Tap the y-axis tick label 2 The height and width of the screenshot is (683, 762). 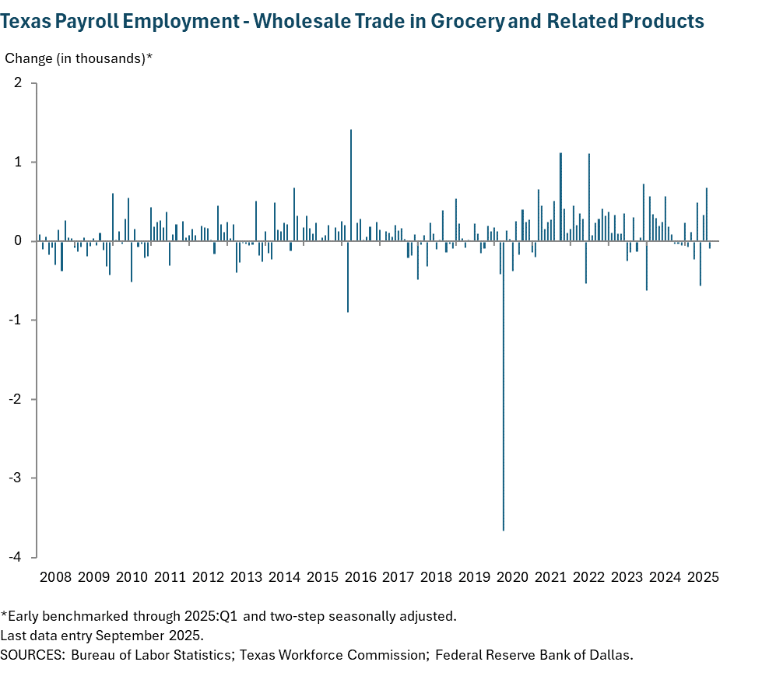click(x=18, y=83)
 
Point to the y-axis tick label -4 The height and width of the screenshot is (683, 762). click(x=16, y=557)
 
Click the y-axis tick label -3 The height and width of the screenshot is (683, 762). click(x=16, y=478)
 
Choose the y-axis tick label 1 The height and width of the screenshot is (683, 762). click(x=18, y=162)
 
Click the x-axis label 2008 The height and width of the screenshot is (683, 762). click(x=55, y=577)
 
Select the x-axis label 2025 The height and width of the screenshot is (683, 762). click(x=703, y=577)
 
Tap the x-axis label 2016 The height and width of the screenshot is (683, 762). click(x=360, y=577)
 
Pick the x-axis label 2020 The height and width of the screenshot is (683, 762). click(x=513, y=577)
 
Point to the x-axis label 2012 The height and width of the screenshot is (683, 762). click(x=208, y=577)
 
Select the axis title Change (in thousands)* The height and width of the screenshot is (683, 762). click(x=79, y=58)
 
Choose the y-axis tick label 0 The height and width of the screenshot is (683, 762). click(x=18, y=241)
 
